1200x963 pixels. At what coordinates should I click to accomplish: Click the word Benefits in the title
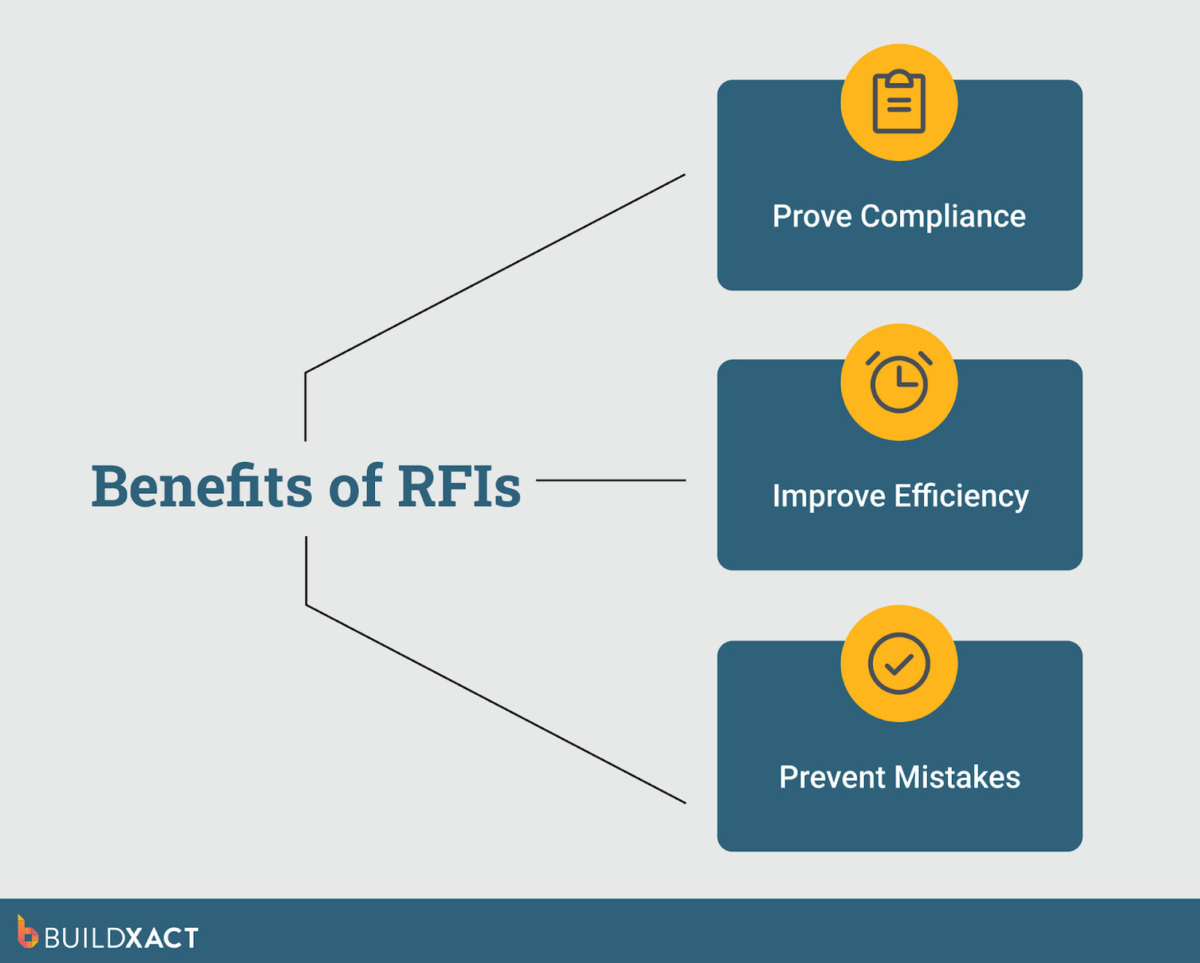pos(201,485)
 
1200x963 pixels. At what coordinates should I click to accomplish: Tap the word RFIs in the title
pos(459,485)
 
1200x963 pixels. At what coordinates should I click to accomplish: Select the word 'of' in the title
pos(355,485)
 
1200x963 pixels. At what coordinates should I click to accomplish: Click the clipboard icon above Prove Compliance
pos(898,103)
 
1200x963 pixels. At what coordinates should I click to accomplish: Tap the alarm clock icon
pos(898,383)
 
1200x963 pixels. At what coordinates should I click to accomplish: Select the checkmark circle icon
pos(898,664)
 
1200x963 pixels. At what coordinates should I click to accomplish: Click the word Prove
pos(811,216)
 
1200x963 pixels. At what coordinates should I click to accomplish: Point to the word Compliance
pos(942,216)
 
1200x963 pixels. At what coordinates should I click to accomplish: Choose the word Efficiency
pos(961,496)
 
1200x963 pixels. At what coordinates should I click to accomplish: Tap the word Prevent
pos(832,777)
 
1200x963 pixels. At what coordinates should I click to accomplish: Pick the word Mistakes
pos(957,777)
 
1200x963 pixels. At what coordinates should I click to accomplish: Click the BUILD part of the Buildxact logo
pos(84,938)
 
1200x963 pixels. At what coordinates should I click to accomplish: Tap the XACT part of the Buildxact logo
pos(162,938)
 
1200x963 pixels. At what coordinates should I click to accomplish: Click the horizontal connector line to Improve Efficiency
pos(610,480)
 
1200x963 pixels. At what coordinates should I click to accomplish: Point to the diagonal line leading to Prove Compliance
pos(495,274)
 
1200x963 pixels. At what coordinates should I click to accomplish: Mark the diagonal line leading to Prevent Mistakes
pos(495,704)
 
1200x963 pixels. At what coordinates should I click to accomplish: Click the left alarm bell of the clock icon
pos(873,358)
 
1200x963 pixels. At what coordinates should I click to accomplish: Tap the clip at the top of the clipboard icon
pos(898,79)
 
